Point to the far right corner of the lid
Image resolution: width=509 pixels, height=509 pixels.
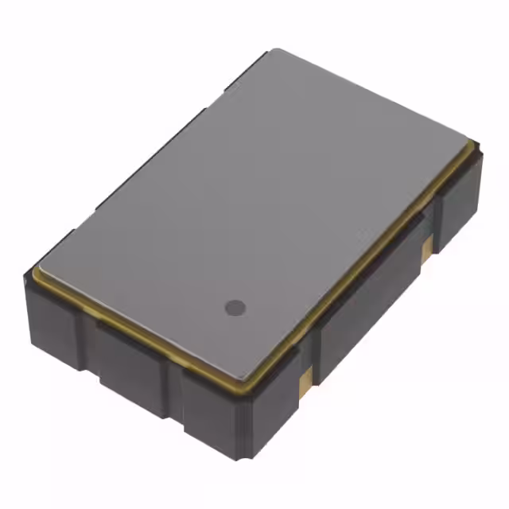coord(476,144)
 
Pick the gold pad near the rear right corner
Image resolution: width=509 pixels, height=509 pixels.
coord(428,248)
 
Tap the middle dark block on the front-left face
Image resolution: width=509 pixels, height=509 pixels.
coord(127,362)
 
